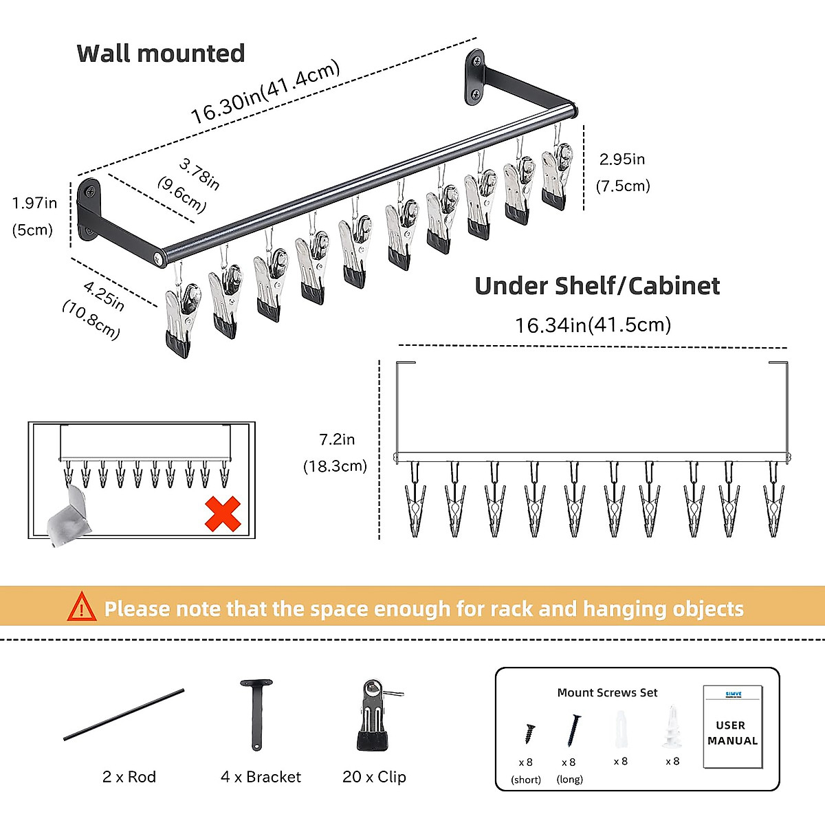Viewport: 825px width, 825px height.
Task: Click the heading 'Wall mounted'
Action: tap(160, 54)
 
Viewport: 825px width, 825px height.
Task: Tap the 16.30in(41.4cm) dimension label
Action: tap(265, 93)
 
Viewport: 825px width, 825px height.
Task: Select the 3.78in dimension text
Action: tap(199, 173)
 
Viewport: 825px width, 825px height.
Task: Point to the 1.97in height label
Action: tap(34, 203)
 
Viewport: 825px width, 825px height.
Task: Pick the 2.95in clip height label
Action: tap(622, 159)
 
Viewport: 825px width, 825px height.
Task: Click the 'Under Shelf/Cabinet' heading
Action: tap(597, 286)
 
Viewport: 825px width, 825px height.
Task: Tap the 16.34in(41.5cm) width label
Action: tap(593, 324)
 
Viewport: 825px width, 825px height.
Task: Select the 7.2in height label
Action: tap(337, 439)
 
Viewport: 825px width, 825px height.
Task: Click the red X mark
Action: tap(223, 514)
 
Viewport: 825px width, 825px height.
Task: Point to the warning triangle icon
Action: tap(82, 607)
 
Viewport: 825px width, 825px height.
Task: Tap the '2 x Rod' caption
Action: tap(129, 777)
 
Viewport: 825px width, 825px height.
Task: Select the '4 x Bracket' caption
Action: tap(261, 777)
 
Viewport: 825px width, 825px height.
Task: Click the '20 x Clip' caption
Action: tap(374, 777)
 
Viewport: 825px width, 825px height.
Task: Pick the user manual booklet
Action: tap(732, 727)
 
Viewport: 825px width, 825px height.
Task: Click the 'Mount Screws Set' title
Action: tap(607, 693)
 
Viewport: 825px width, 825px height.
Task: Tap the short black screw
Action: tap(529, 733)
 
